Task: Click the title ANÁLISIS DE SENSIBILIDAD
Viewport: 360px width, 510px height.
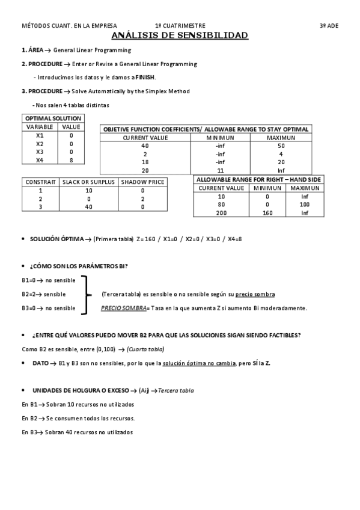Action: [x=180, y=36]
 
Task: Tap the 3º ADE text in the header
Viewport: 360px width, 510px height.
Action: [x=329, y=26]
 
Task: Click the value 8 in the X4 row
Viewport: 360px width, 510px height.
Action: [x=71, y=161]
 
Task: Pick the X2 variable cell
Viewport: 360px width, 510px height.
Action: [x=40, y=144]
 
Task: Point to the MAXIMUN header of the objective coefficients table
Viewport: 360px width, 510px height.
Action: [x=281, y=138]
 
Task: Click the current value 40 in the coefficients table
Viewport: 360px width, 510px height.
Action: [x=145, y=146]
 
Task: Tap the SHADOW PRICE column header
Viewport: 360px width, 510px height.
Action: [x=142, y=182]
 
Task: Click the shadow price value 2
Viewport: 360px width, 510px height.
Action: [x=142, y=198]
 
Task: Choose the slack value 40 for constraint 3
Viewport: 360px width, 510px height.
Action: [x=88, y=207]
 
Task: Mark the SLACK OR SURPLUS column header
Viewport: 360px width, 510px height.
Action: [x=88, y=182]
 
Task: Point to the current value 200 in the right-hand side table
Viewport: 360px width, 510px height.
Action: [x=221, y=213]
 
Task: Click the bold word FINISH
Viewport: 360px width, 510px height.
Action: [x=145, y=77]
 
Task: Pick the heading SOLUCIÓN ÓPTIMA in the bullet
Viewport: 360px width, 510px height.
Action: [x=57, y=239]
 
